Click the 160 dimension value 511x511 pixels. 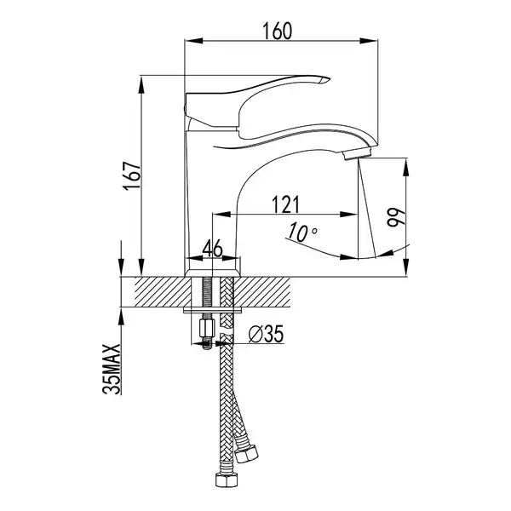278,31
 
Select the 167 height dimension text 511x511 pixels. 132,175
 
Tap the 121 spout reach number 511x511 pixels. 285,204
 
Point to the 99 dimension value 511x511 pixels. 396,217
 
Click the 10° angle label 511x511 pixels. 301,232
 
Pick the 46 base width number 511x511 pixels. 212,249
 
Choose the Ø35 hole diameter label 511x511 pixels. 266,334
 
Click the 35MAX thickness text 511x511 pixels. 112,370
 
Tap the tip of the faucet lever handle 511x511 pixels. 330,79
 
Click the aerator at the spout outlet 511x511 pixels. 357,153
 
